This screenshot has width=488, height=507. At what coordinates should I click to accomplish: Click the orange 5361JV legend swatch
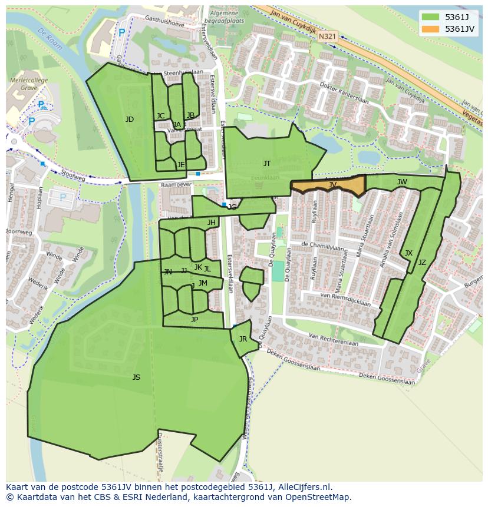[430, 29]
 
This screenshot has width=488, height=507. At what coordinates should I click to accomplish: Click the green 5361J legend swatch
[430, 16]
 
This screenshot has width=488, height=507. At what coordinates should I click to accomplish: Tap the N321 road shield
[327, 37]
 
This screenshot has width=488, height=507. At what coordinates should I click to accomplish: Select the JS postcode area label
[136, 377]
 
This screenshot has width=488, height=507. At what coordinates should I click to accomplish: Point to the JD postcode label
[130, 120]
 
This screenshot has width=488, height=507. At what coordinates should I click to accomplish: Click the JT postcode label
[267, 164]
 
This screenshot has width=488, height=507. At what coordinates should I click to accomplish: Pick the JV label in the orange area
[332, 185]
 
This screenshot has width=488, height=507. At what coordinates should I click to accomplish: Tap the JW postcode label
[402, 182]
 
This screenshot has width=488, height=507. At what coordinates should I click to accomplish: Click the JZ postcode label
[422, 263]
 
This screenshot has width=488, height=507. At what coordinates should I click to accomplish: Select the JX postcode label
[408, 253]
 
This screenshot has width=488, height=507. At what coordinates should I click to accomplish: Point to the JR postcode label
[243, 339]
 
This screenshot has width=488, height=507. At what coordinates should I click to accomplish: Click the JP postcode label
[194, 320]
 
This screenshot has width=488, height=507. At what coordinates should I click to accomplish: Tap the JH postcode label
[211, 223]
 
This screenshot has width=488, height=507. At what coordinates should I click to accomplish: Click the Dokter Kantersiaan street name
[344, 93]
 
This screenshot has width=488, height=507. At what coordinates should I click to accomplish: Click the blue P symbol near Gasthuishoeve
[121, 33]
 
